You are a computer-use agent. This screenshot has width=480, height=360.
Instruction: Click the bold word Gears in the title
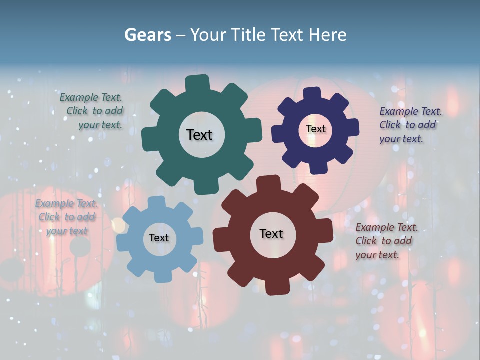[x=147, y=35]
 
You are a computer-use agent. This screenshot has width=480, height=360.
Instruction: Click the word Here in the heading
[x=327, y=35]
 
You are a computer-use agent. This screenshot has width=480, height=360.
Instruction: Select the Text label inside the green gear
[x=199, y=135]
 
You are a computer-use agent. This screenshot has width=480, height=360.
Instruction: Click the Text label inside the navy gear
[x=315, y=129]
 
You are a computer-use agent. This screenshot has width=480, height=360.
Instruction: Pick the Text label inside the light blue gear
[x=159, y=238]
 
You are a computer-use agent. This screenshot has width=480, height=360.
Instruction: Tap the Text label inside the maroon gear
[x=271, y=234]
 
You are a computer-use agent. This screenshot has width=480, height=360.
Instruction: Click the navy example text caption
[x=410, y=125]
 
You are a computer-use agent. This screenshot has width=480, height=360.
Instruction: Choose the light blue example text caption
[x=66, y=217]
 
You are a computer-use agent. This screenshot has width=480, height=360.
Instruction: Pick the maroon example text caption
[x=386, y=241]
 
